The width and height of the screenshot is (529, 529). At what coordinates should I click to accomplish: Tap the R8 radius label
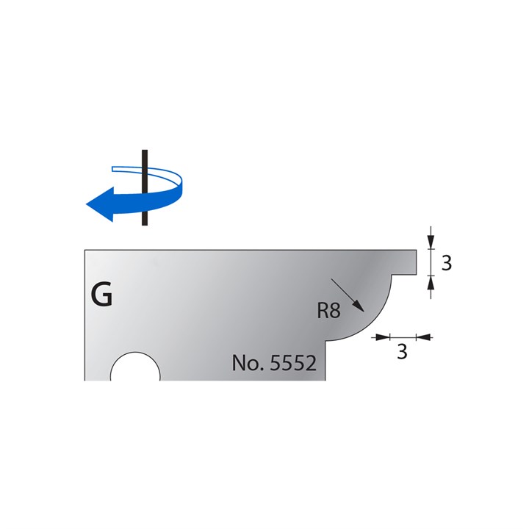(328, 311)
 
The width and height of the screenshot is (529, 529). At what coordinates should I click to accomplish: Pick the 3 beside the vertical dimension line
(445, 262)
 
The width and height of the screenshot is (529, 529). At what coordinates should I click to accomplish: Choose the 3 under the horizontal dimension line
(402, 352)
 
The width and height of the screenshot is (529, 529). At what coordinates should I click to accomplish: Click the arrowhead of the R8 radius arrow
(358, 310)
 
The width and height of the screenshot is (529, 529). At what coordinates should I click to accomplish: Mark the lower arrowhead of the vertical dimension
(431, 281)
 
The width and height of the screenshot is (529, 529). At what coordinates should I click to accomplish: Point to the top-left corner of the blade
(85, 251)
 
